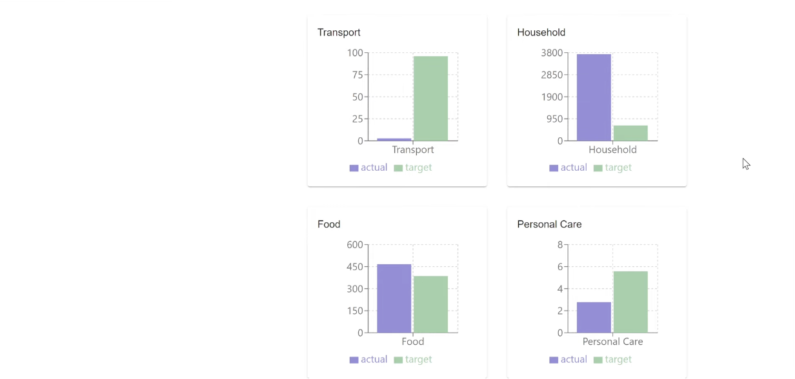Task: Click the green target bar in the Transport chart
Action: click(430, 98)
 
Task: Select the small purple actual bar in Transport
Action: click(394, 139)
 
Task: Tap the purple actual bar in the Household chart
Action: click(594, 97)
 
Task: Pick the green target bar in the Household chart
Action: click(630, 133)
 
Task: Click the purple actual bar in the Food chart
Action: click(394, 298)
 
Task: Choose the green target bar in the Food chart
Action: click(430, 304)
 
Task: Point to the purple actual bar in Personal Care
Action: click(594, 317)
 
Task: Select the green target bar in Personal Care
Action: click(630, 302)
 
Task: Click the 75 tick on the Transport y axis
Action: click(357, 75)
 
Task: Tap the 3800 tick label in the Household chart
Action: click(552, 53)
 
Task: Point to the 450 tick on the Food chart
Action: click(355, 267)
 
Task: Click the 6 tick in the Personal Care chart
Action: click(560, 267)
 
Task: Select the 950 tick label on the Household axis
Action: click(554, 119)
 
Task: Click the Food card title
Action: click(328, 224)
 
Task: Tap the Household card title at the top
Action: click(541, 32)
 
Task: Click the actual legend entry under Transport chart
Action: click(368, 168)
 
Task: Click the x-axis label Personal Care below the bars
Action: click(612, 342)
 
